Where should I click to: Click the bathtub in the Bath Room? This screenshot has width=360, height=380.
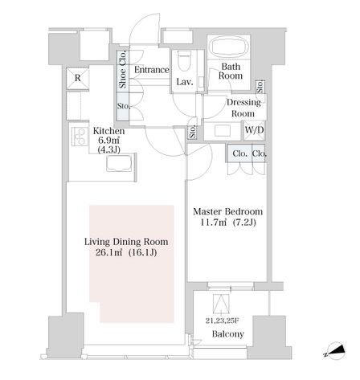(229, 47)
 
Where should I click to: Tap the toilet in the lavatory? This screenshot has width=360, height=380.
(184, 61)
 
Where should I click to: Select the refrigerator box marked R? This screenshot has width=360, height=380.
(77, 78)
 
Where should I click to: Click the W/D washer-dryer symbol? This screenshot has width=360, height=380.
(254, 130)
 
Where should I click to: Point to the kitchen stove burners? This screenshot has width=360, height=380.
(80, 137)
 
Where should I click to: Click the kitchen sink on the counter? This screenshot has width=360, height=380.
(119, 164)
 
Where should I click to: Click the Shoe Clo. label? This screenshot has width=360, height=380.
(123, 70)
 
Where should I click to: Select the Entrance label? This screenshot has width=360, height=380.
(152, 70)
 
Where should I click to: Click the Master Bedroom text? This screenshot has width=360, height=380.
(228, 211)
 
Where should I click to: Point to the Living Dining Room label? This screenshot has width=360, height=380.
(126, 242)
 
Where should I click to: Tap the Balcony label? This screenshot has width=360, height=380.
(228, 334)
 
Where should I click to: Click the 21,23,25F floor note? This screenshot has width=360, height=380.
(223, 321)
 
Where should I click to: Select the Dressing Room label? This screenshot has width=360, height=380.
(243, 108)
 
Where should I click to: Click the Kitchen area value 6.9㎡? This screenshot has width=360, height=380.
(108, 141)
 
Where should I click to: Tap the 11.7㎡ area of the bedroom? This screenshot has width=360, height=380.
(214, 223)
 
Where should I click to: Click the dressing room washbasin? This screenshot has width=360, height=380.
(223, 131)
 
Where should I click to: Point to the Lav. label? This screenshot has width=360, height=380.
(185, 82)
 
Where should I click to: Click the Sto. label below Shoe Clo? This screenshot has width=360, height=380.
(124, 106)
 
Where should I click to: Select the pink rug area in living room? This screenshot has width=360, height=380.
(132, 264)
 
